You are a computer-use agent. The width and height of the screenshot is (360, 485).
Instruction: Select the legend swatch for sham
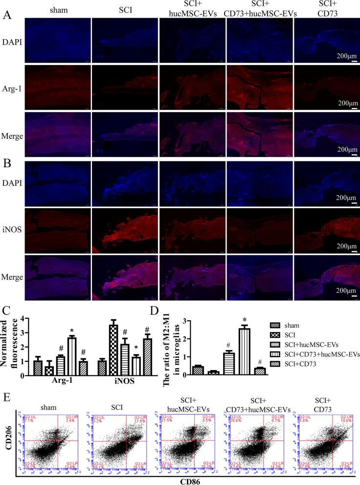click(276, 324)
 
